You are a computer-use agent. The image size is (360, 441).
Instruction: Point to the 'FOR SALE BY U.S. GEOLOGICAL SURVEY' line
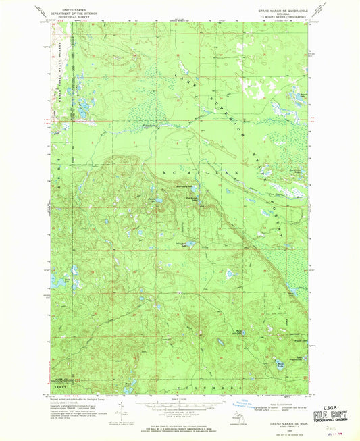pos(179,427)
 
